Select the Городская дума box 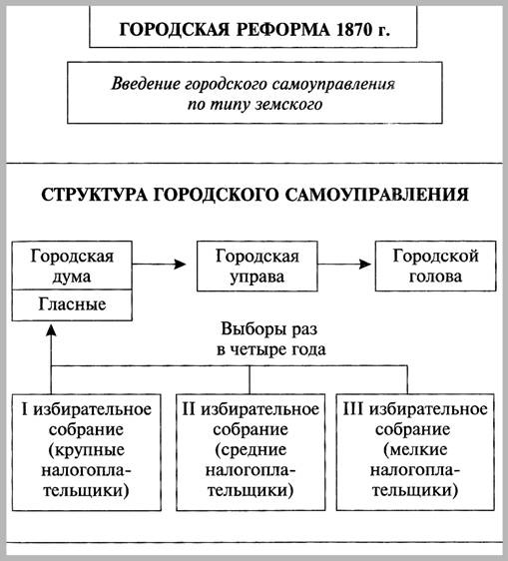[x=72, y=265]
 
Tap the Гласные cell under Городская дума [x=72, y=302]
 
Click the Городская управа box [x=249, y=265]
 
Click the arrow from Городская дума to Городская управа [x=164, y=265]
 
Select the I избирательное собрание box [x=87, y=447]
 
